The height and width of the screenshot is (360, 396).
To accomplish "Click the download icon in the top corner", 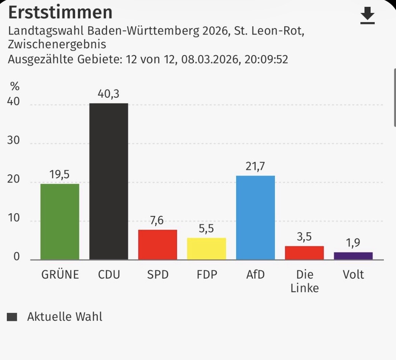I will (x=367, y=16).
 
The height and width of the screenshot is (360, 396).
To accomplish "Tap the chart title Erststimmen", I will (x=60, y=13).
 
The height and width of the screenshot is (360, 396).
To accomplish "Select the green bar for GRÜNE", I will (x=60, y=222).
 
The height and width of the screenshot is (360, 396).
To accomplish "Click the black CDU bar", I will (x=109, y=181).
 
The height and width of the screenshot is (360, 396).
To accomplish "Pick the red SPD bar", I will (x=158, y=245).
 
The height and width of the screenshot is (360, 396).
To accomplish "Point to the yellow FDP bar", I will (x=207, y=249).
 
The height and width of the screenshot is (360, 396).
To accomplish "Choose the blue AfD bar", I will (x=256, y=217).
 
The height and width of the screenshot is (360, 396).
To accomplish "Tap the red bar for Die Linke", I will (x=304, y=253).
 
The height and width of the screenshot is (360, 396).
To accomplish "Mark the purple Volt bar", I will (x=353, y=256).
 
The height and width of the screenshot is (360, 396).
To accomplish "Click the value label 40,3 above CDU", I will (x=109, y=94).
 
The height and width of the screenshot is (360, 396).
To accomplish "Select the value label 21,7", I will (x=256, y=167).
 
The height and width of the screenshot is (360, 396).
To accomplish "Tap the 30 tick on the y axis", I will (x=13, y=141).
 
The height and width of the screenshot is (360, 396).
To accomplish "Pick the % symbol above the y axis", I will (x=14, y=86).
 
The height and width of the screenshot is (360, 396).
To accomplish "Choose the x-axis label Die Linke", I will (x=304, y=281).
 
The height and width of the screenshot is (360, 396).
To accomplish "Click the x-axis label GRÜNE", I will (x=60, y=274).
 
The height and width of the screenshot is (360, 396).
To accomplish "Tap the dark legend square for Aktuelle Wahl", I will (x=12, y=317).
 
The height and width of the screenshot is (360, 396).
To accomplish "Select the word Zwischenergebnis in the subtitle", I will (x=57, y=45).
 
